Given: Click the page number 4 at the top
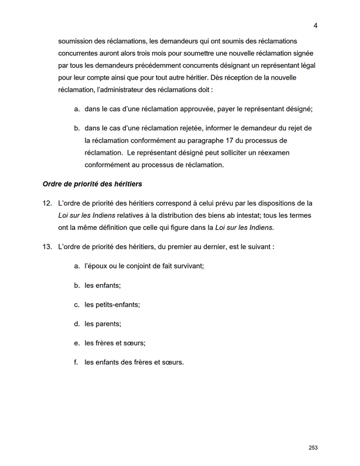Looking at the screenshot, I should [316, 25].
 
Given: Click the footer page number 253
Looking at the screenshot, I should [313, 448].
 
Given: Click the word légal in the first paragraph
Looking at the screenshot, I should [307, 65].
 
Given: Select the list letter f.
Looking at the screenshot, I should [77, 363].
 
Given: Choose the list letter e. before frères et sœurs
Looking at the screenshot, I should [77, 343].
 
